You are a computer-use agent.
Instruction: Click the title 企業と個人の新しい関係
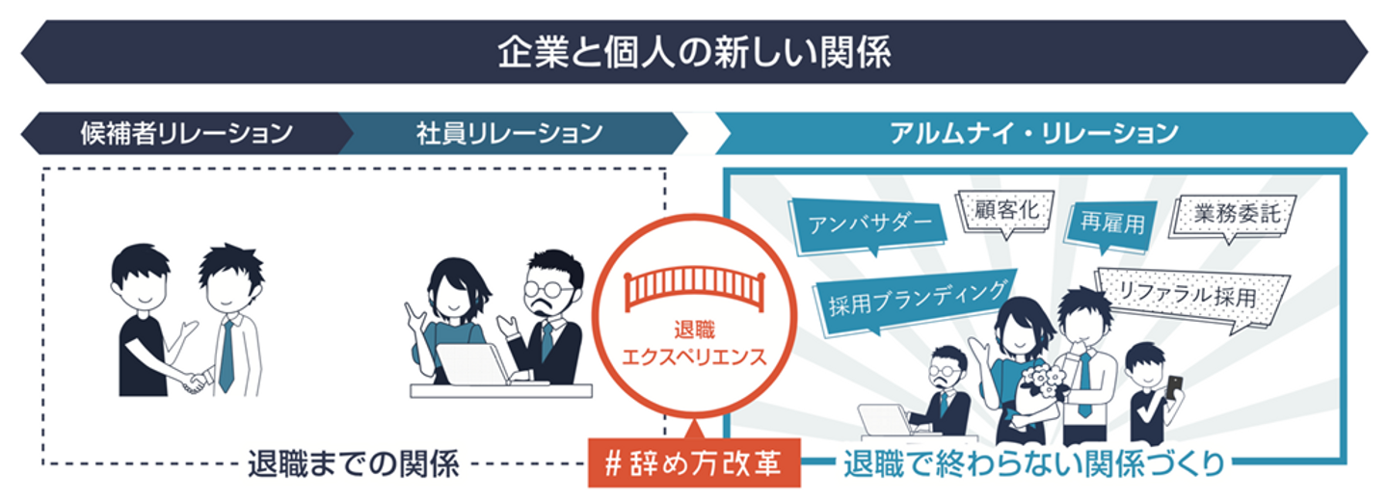694,53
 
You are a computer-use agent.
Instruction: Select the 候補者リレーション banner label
186,133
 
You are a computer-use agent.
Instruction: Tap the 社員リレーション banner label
510,133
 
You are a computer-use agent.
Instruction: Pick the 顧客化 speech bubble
1003,209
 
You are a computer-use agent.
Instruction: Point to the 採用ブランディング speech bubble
917,298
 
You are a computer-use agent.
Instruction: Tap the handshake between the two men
196,381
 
